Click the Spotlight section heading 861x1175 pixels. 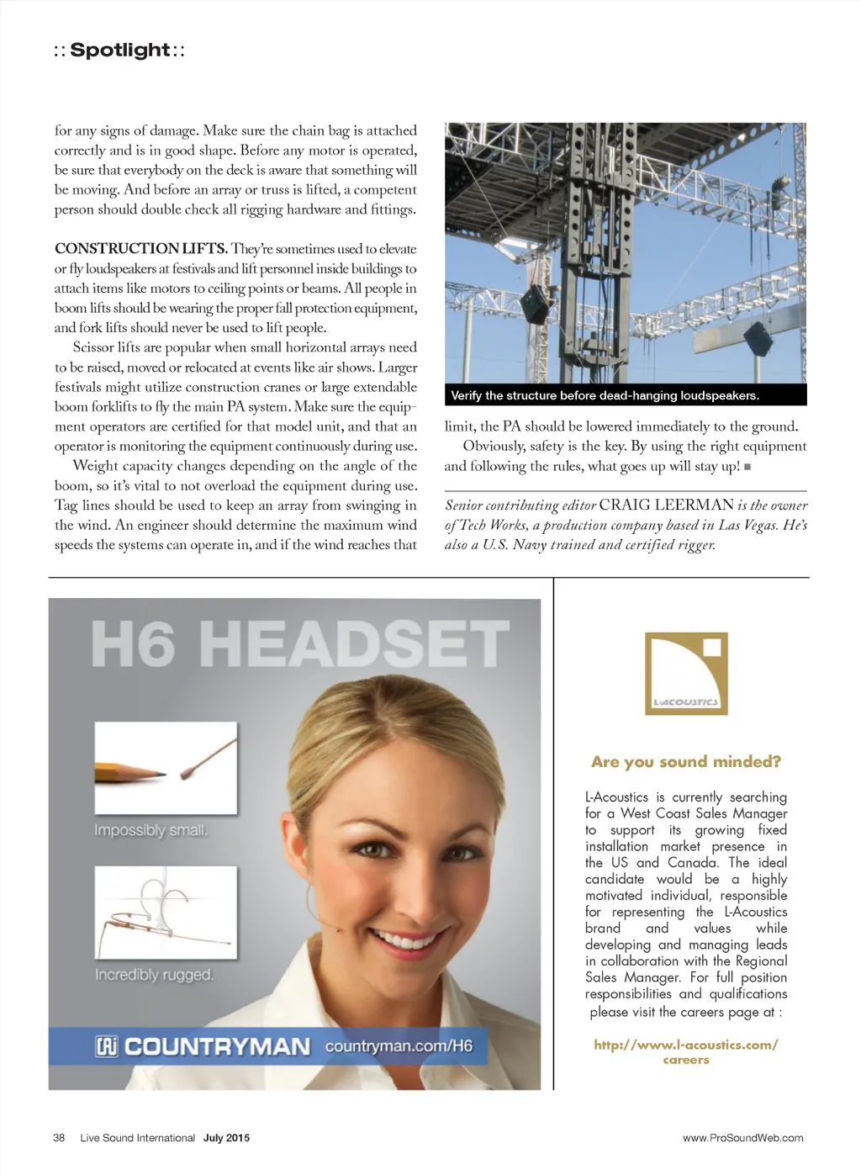click(x=119, y=50)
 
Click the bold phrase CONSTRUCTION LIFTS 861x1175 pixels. click(x=140, y=249)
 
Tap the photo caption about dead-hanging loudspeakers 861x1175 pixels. click(x=605, y=395)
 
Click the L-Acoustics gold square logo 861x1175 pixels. click(x=685, y=674)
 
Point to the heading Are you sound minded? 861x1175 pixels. click(x=685, y=762)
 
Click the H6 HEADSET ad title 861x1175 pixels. click(x=299, y=644)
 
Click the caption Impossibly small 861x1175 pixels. click(x=151, y=830)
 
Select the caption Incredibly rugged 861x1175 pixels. click(x=154, y=975)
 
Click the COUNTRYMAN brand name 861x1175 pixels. click(x=217, y=1046)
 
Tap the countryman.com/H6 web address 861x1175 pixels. click(x=399, y=1046)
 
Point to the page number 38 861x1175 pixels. click(x=59, y=1138)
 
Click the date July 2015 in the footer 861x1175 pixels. click(x=226, y=1138)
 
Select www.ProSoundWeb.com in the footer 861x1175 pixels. click(x=742, y=1138)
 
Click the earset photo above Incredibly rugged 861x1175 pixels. click(x=165, y=913)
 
